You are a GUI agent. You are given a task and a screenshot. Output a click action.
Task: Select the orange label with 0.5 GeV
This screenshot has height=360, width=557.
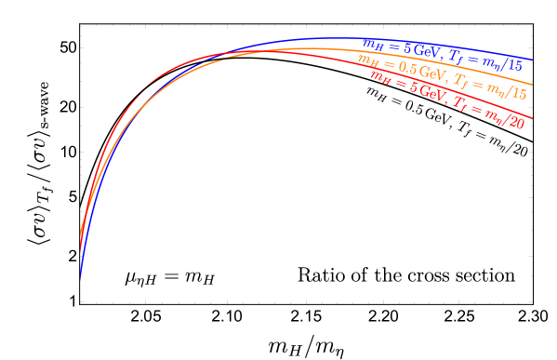[x=443, y=75]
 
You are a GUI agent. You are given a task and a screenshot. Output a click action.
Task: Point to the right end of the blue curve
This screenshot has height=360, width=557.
[x=533, y=59]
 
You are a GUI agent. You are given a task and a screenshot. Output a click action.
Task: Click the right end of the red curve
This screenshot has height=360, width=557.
[x=532, y=118]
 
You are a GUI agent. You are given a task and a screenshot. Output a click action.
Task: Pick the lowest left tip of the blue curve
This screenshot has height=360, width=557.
[x=80, y=278]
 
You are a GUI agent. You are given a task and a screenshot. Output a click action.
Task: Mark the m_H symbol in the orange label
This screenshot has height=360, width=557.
[x=367, y=60]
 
